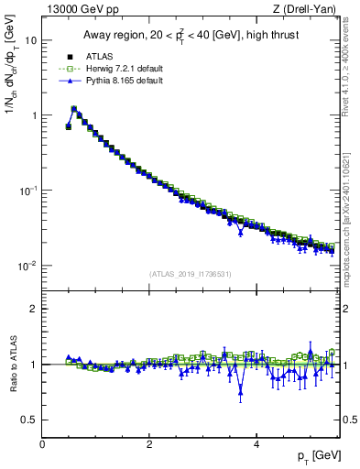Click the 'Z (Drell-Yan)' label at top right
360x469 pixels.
click(307, 9)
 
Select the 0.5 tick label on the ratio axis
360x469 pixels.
click(28, 420)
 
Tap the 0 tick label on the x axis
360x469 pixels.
click(42, 444)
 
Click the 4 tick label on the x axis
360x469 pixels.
click(256, 444)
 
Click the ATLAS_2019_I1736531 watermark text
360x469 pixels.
click(191, 274)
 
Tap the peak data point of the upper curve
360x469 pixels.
click(74, 109)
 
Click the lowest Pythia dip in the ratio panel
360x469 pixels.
click(241, 389)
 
